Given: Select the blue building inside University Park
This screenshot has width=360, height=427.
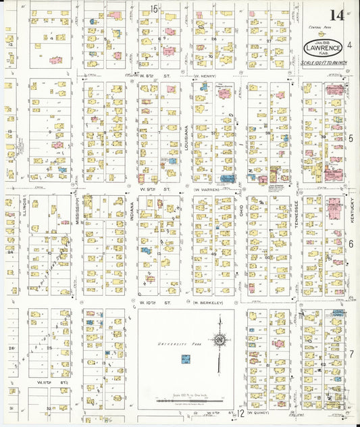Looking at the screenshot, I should coord(184,359).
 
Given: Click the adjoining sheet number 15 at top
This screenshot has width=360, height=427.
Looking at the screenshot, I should coord(154,9).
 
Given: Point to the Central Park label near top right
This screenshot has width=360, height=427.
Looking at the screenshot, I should coord(315,26).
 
